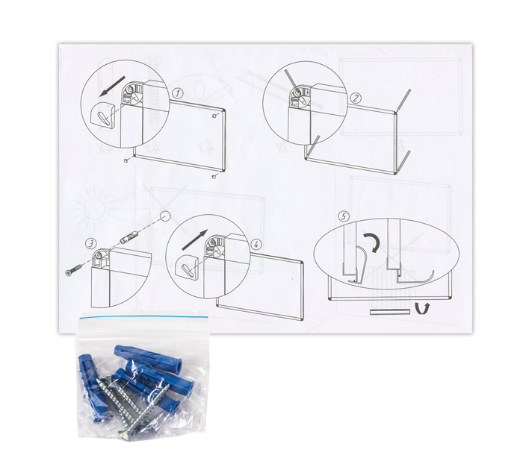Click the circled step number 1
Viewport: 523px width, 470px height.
(x=178, y=93)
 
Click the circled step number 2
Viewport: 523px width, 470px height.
(x=356, y=98)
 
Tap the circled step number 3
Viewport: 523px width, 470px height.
(x=90, y=243)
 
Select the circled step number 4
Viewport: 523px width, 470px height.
(x=256, y=245)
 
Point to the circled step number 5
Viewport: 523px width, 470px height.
(x=344, y=216)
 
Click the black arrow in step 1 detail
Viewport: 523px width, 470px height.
(x=112, y=86)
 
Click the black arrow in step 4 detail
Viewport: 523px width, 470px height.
(x=195, y=239)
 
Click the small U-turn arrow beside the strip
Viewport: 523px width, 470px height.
(x=422, y=308)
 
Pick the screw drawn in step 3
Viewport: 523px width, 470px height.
(x=75, y=270)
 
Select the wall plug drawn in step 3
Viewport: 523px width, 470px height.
(x=128, y=237)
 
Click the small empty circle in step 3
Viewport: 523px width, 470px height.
(x=165, y=216)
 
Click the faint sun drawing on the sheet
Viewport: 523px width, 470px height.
(x=93, y=208)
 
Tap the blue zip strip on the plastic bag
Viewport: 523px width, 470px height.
(x=144, y=317)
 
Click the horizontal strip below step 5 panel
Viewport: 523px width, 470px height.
(x=390, y=312)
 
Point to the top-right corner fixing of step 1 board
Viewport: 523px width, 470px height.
(x=215, y=116)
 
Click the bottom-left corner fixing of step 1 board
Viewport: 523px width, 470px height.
(x=126, y=160)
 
